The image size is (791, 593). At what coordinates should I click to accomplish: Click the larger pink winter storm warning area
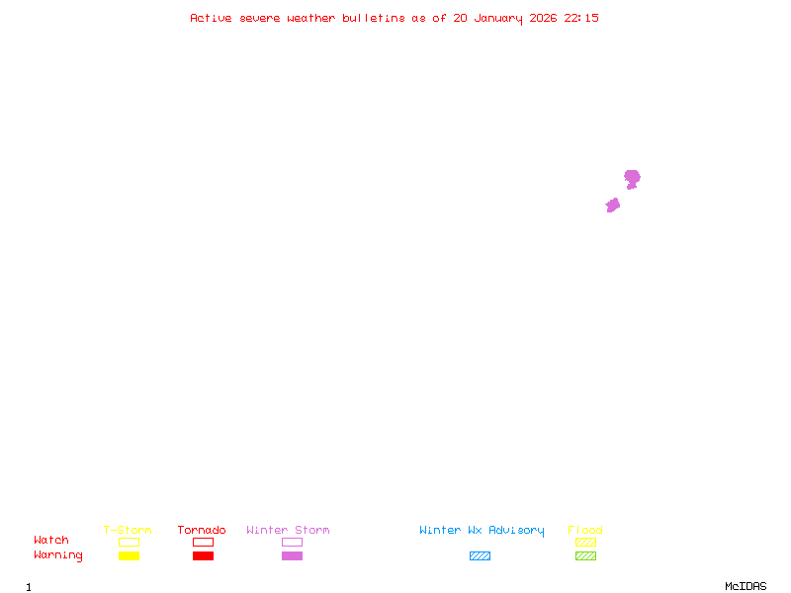pyautogui.click(x=632, y=178)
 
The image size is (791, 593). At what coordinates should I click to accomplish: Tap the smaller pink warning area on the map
pyautogui.click(x=613, y=205)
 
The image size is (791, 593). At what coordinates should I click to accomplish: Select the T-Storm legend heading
pyautogui.click(x=128, y=531)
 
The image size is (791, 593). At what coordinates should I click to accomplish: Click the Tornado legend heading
pyautogui.click(x=202, y=531)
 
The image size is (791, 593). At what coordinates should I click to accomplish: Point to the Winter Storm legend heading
pyautogui.click(x=288, y=531)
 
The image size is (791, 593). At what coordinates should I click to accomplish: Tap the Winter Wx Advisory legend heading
pyautogui.click(x=482, y=531)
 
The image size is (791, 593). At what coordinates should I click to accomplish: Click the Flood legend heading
pyautogui.click(x=585, y=531)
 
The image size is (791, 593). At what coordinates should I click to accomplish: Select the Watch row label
pyautogui.click(x=51, y=541)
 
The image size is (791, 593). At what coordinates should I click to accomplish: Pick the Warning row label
pyautogui.click(x=58, y=555)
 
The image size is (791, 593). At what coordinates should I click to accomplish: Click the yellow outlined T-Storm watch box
pyautogui.click(x=129, y=542)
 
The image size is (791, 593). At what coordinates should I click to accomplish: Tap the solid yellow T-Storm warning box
pyautogui.click(x=129, y=556)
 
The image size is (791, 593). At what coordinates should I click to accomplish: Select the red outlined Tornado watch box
pyautogui.click(x=203, y=542)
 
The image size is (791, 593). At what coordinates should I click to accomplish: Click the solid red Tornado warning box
pyautogui.click(x=203, y=556)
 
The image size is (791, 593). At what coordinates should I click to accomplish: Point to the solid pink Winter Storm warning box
pyautogui.click(x=292, y=556)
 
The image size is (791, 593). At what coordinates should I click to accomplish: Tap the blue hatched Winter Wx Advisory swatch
pyautogui.click(x=480, y=556)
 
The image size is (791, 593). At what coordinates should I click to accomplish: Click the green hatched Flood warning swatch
pyautogui.click(x=585, y=556)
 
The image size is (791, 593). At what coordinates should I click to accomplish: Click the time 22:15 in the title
pyautogui.click(x=581, y=18)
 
